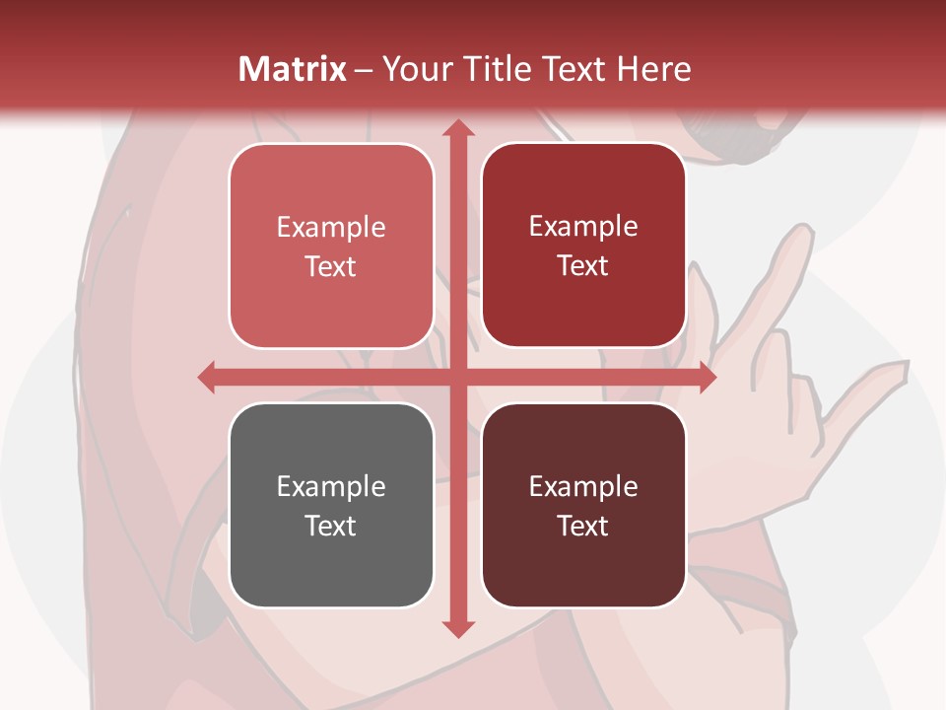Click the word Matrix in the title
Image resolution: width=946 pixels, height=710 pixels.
click(x=292, y=69)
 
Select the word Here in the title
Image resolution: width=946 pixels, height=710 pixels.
click(x=654, y=69)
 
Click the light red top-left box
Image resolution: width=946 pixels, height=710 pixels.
click(x=331, y=246)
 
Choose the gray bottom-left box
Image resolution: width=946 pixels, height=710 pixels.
click(x=331, y=505)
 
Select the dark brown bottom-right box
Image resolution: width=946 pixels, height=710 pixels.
click(x=583, y=505)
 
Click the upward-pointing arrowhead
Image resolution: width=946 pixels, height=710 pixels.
click(x=457, y=129)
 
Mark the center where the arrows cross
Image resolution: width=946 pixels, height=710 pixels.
click(x=457, y=377)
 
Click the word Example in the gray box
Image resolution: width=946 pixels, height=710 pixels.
click(x=331, y=486)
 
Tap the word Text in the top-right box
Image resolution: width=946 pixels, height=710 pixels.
click(x=583, y=265)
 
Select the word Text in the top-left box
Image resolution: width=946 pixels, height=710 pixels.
click(x=331, y=266)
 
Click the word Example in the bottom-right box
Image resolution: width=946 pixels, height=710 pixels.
click(x=583, y=486)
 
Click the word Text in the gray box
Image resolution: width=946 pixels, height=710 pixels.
click(x=331, y=526)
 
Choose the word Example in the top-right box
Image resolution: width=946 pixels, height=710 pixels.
click(x=583, y=226)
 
